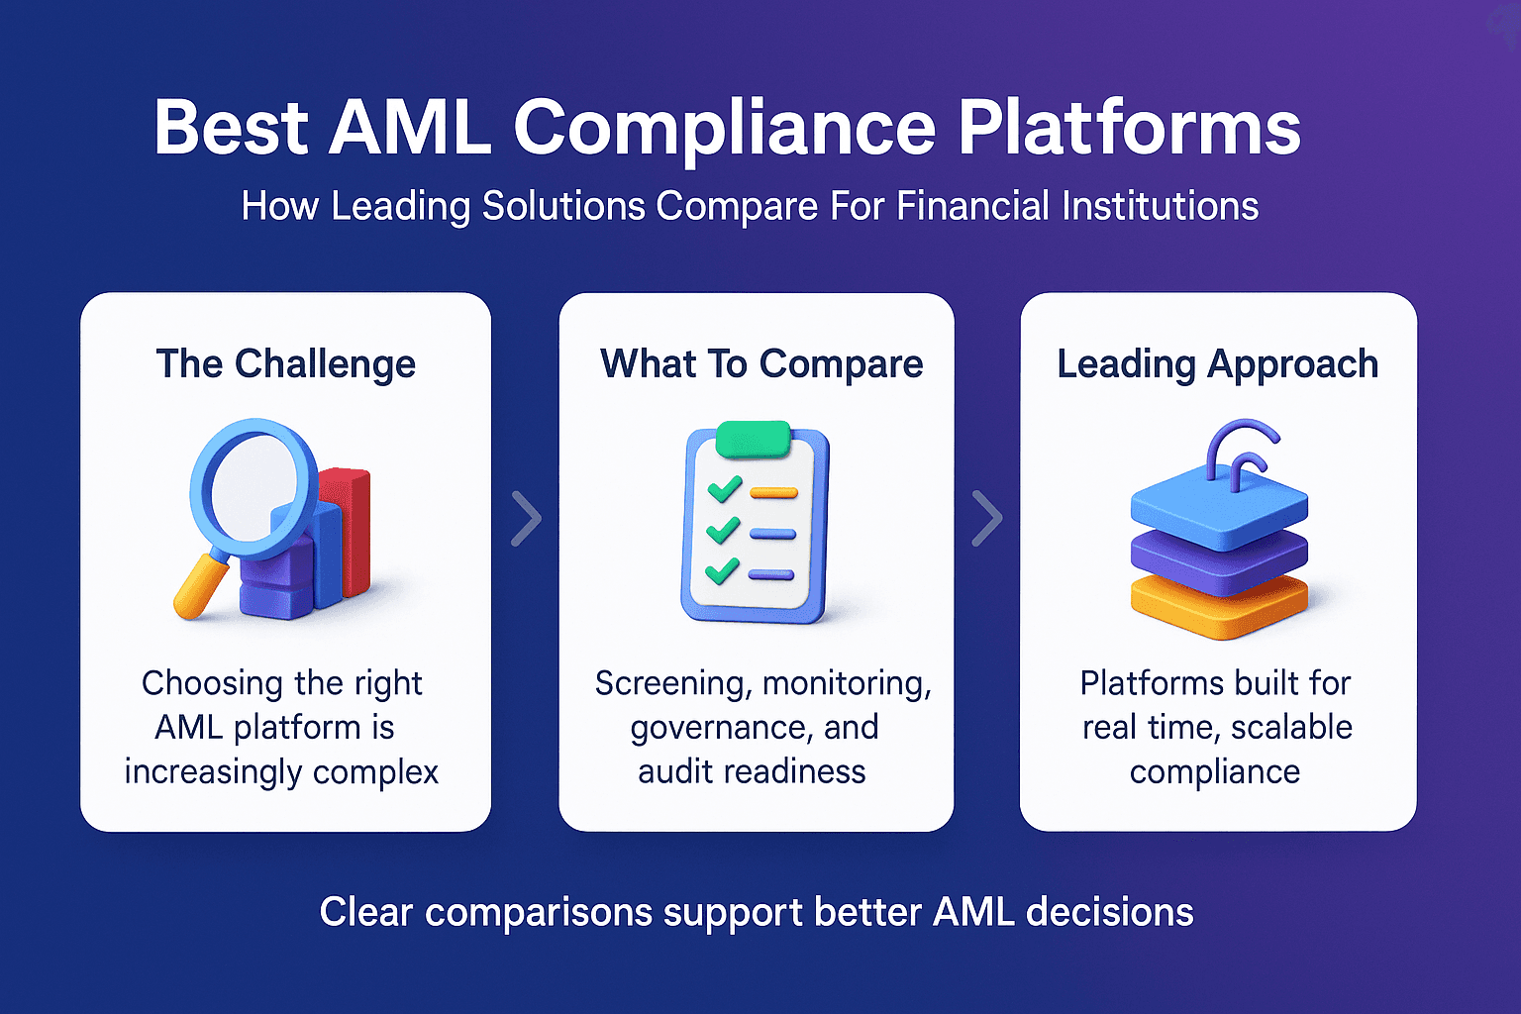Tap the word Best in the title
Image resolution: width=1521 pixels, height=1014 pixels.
coord(231,129)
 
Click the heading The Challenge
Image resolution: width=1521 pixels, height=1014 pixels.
coord(285,363)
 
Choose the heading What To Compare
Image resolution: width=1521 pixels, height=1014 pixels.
coord(761,363)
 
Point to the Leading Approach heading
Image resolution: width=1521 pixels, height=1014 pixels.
coord(1217,363)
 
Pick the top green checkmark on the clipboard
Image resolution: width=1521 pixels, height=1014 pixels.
coord(724,489)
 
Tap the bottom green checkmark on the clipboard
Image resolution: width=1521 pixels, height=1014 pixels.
coord(722,570)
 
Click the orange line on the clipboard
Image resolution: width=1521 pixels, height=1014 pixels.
coord(773,492)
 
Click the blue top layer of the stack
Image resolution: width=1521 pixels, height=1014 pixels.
coord(1219,507)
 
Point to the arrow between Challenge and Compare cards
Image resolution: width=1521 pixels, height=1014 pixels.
coord(526,518)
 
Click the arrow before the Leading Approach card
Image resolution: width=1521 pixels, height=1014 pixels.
coord(986,518)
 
